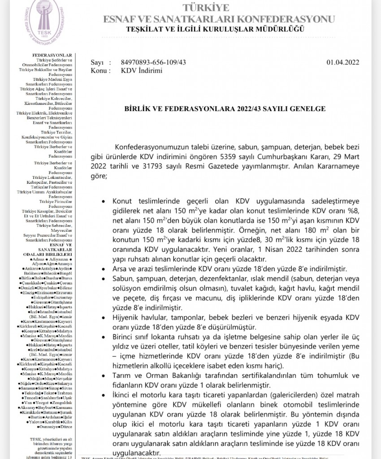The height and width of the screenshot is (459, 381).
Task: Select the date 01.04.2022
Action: pos(342,63)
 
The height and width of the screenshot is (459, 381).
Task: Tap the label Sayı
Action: pos(97,63)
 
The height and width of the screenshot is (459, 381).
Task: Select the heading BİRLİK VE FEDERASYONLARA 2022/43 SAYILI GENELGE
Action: pos(221,108)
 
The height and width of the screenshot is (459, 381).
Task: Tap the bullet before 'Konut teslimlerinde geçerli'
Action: pos(105,202)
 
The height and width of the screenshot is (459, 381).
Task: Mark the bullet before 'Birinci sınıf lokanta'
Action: pos(105,336)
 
